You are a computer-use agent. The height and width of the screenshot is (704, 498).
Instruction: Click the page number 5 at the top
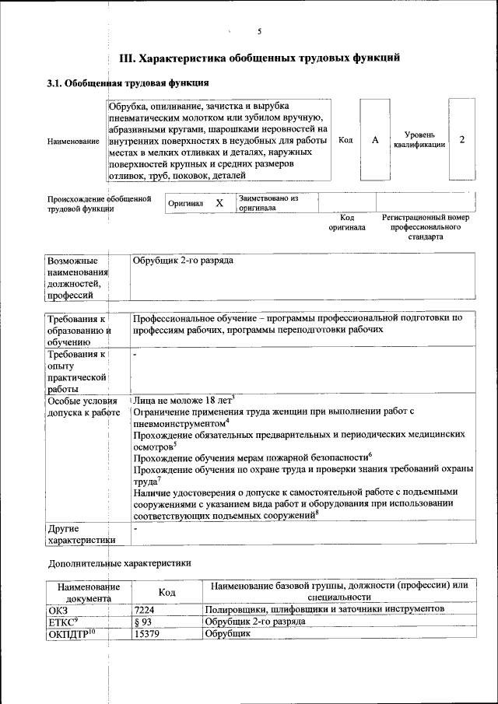(259, 31)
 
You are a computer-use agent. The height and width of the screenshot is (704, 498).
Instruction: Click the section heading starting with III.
(259, 58)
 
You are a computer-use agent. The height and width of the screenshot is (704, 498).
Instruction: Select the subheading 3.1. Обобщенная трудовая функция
(128, 82)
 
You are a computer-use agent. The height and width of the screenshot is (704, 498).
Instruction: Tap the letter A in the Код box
(375, 140)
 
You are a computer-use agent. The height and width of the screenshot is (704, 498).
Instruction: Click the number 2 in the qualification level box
(461, 140)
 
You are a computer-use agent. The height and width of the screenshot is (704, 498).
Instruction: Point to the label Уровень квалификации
(419, 140)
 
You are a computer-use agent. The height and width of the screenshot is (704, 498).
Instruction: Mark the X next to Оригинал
(219, 203)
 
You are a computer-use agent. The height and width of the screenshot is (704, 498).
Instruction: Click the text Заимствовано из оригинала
(268, 203)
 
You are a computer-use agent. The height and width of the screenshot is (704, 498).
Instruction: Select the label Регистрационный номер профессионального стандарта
(426, 227)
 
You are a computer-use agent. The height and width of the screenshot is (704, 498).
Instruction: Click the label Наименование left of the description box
(73, 141)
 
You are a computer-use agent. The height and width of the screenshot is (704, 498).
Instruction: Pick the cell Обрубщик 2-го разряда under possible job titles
(184, 261)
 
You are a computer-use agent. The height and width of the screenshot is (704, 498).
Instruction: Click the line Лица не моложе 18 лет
(184, 398)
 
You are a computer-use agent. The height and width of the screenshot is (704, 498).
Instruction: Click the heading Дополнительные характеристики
(119, 562)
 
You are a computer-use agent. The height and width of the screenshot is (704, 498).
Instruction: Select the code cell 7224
(146, 610)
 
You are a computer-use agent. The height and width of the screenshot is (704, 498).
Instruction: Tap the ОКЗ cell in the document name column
(59, 610)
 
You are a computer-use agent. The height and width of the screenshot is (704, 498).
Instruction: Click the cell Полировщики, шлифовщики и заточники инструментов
(324, 609)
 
